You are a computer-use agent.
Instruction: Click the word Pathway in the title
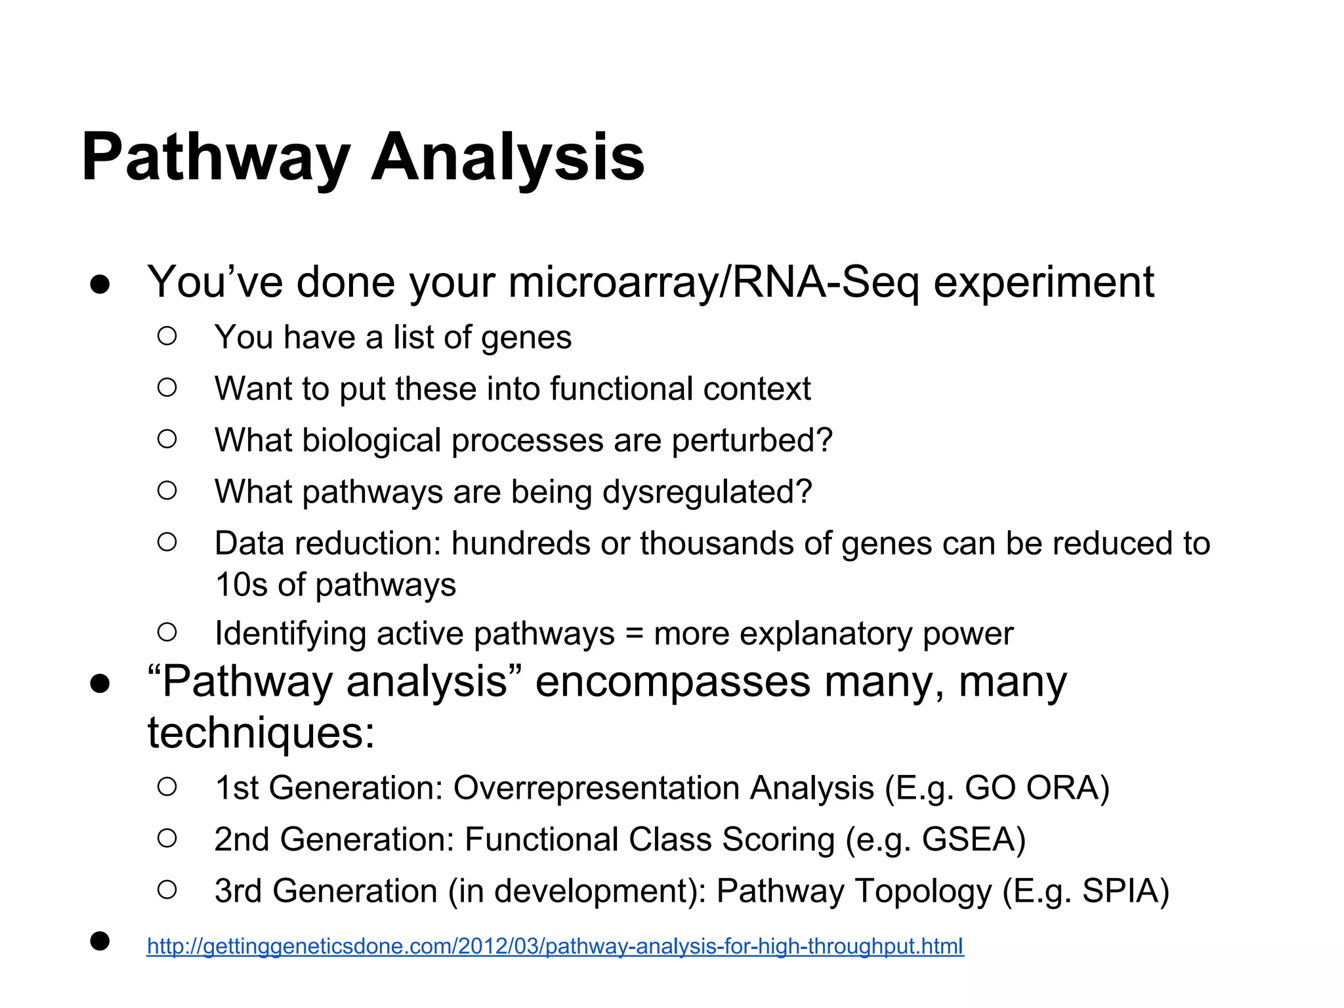tap(215, 157)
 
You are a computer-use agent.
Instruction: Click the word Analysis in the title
tap(508, 157)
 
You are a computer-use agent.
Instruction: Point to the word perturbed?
tap(752, 440)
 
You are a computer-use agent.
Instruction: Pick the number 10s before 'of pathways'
tap(241, 585)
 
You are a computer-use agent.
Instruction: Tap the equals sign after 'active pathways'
tap(634, 634)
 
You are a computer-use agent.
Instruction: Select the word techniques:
tap(261, 733)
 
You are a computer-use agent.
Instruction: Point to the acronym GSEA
tap(973, 839)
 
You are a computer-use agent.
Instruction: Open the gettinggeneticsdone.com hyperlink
tap(555, 946)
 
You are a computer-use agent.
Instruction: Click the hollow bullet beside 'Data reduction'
tap(167, 543)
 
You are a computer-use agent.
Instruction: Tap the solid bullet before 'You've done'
tap(100, 285)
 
